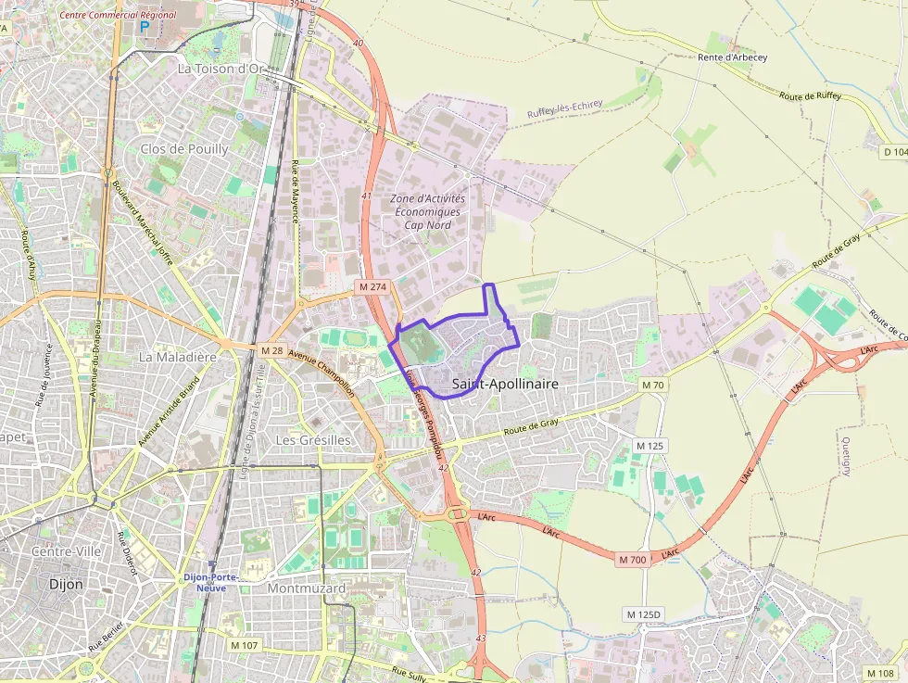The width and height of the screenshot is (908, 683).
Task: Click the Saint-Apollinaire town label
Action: [x=505, y=383]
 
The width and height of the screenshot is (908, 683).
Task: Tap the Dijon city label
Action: [x=65, y=585]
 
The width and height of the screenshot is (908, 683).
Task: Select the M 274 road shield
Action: [x=372, y=287]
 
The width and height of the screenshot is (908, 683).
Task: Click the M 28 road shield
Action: [x=271, y=350]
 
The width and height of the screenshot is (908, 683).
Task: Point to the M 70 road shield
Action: [x=652, y=384]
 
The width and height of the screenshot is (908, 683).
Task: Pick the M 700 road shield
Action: [x=632, y=560]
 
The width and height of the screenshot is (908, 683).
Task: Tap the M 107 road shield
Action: [x=245, y=645]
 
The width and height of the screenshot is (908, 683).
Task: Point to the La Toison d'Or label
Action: [x=222, y=69]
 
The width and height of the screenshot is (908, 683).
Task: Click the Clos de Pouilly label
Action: [x=184, y=148]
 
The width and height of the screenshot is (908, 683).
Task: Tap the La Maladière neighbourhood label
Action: [x=177, y=356]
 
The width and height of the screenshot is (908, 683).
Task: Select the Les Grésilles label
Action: [x=313, y=439]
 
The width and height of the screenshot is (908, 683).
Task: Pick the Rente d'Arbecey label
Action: [x=733, y=57]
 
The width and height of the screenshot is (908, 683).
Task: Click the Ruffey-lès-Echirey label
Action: [x=565, y=108]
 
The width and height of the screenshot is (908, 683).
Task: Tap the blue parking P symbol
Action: [x=144, y=28]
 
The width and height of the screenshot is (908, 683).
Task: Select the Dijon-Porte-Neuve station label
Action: [x=210, y=583]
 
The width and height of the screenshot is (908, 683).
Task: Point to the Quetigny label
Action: [x=846, y=454]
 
